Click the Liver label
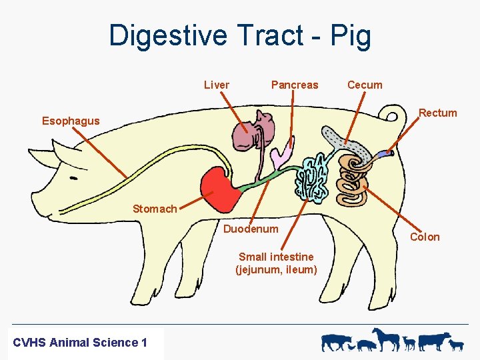point(216,85)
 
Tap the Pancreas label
point(294,85)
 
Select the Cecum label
point(365,85)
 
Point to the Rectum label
point(437,113)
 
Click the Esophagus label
point(71,121)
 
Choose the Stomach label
point(155,209)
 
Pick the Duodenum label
point(251,229)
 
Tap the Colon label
point(425,237)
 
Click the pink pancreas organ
point(279,155)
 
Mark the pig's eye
point(72,179)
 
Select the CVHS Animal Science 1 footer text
point(80,343)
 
